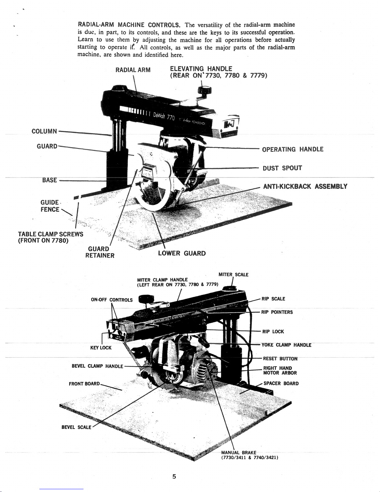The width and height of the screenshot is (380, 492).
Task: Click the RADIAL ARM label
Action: (133, 70)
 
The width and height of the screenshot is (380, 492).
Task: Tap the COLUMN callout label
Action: (44, 131)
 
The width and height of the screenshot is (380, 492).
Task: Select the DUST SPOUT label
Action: (282, 168)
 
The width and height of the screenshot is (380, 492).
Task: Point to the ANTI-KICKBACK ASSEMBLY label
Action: (305, 187)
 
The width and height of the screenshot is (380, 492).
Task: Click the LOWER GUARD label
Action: (182, 253)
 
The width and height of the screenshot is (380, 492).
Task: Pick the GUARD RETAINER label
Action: (100, 252)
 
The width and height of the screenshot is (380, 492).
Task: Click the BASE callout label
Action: (49, 180)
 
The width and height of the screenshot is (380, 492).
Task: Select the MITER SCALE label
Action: (233, 275)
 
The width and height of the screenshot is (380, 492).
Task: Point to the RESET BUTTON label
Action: (280, 359)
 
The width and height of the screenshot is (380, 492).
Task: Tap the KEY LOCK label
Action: (101, 348)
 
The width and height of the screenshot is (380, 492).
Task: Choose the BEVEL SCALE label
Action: (76, 427)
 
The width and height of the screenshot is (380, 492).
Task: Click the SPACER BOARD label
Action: (281, 383)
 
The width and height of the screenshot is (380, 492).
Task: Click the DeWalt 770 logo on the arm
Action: (165, 116)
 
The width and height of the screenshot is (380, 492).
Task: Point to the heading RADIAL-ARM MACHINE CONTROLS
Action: (129, 25)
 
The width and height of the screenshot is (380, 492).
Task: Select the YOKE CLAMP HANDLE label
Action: (286, 345)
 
